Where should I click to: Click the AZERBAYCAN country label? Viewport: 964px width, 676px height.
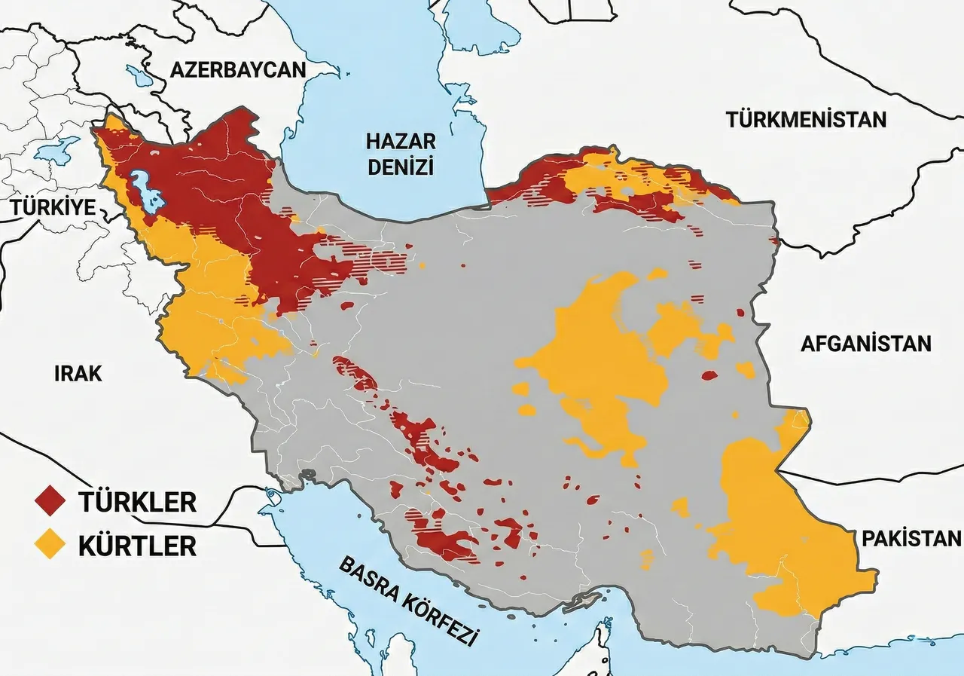(238, 70)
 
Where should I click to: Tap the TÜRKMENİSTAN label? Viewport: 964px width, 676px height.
(806, 119)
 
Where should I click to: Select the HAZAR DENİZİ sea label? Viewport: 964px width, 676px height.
(401, 154)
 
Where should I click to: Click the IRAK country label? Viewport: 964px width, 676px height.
(78, 372)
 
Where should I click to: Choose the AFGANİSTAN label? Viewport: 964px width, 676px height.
(865, 344)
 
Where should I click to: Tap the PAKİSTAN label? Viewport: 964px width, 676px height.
(911, 538)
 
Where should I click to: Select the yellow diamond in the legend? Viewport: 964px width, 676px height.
(50, 545)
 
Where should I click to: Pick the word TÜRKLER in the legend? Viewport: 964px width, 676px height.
(137, 502)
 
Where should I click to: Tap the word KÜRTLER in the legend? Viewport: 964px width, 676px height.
(137, 545)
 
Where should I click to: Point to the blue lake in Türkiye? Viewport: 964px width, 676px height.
(56, 149)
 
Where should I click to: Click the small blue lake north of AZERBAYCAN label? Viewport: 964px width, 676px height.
(140, 75)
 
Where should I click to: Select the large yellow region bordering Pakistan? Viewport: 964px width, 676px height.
(783, 528)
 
